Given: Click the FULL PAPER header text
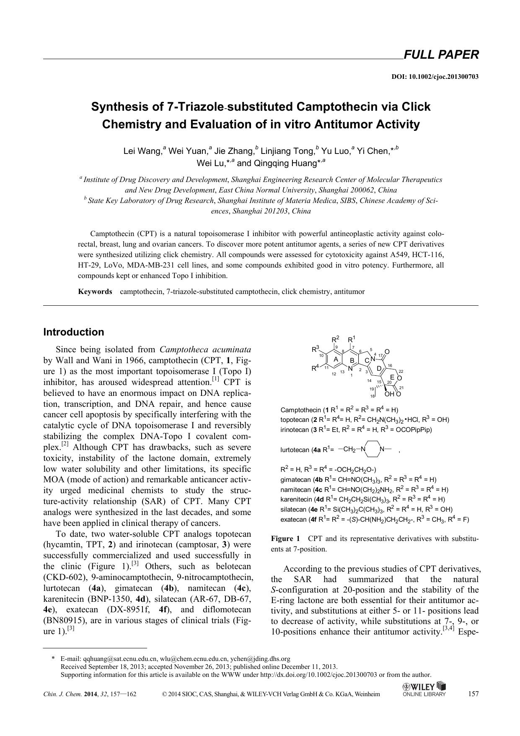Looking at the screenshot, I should point(440,55).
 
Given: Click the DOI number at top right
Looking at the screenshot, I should point(435,77).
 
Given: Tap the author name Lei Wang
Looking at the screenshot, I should point(142,151).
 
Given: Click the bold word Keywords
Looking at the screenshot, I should point(95,291).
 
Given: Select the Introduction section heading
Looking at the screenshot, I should point(74,332).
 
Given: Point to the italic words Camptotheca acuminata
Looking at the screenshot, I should point(205,349).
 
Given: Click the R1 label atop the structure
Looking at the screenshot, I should point(352,339).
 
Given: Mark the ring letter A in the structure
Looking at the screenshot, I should point(335,359).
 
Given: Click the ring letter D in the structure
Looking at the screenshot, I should point(379,368).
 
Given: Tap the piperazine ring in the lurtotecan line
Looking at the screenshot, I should point(373,449).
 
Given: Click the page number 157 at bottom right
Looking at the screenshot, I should point(473,694).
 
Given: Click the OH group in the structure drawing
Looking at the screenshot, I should point(389,394).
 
